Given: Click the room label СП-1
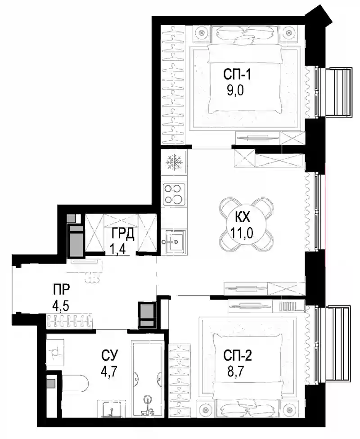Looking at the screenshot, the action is [x=237, y=75].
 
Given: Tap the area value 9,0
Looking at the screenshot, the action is [x=235, y=90].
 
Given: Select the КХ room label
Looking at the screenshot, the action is [x=243, y=217].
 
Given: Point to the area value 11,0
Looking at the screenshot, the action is [x=242, y=233].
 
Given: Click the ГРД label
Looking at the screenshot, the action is [x=123, y=234].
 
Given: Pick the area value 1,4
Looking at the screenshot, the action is [x=117, y=249].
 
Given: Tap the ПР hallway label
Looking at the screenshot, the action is [x=61, y=289].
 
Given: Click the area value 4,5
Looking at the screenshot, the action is [x=61, y=305].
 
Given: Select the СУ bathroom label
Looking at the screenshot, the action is [x=109, y=355].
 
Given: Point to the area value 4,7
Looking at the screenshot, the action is [x=109, y=372].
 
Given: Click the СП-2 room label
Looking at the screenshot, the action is [x=238, y=356].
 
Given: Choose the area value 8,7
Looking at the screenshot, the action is [x=236, y=372].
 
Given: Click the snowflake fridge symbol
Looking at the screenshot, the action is [x=173, y=162].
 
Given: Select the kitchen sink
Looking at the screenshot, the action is [x=174, y=241].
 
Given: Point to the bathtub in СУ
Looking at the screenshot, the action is [x=148, y=378].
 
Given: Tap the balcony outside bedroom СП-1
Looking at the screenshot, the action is [x=334, y=92].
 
